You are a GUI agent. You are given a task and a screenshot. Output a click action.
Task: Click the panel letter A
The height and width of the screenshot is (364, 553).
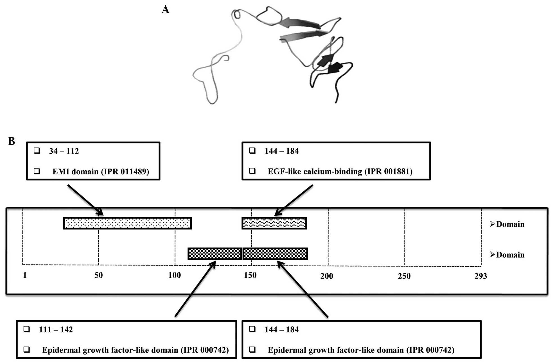165,10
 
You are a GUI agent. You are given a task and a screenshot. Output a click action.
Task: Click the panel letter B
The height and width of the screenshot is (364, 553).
11,141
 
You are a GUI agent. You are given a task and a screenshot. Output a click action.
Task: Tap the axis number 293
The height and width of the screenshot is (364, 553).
480,276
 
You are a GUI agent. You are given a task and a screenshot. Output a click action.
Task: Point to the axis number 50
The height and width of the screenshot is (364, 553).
98,275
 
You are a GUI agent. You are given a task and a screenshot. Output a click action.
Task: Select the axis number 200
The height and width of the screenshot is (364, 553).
326,276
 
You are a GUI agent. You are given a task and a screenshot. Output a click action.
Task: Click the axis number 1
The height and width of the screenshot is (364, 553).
25,275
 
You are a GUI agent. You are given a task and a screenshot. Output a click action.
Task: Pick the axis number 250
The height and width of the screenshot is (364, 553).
404,276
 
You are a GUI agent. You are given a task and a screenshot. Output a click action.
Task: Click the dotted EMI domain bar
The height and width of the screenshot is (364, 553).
127,223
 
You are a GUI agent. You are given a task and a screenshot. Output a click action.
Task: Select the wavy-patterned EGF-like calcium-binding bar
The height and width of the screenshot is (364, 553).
274,223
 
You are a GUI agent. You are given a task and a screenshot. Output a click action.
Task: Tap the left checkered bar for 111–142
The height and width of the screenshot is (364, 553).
215,254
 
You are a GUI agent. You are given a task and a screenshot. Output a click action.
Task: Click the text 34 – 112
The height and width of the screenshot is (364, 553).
64,151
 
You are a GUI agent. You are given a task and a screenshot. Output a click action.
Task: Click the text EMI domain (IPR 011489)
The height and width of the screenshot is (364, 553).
101,172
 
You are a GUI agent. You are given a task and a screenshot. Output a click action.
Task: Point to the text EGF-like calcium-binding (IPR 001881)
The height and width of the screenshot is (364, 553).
340,172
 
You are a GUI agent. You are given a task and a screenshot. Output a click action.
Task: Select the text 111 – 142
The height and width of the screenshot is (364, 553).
56,329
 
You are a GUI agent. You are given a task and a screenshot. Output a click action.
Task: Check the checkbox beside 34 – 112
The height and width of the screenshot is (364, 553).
37,151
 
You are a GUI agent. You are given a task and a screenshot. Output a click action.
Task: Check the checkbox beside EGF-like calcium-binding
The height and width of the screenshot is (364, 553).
252,171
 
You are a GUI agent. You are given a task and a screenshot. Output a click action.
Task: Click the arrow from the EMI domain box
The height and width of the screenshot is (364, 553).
85,200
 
